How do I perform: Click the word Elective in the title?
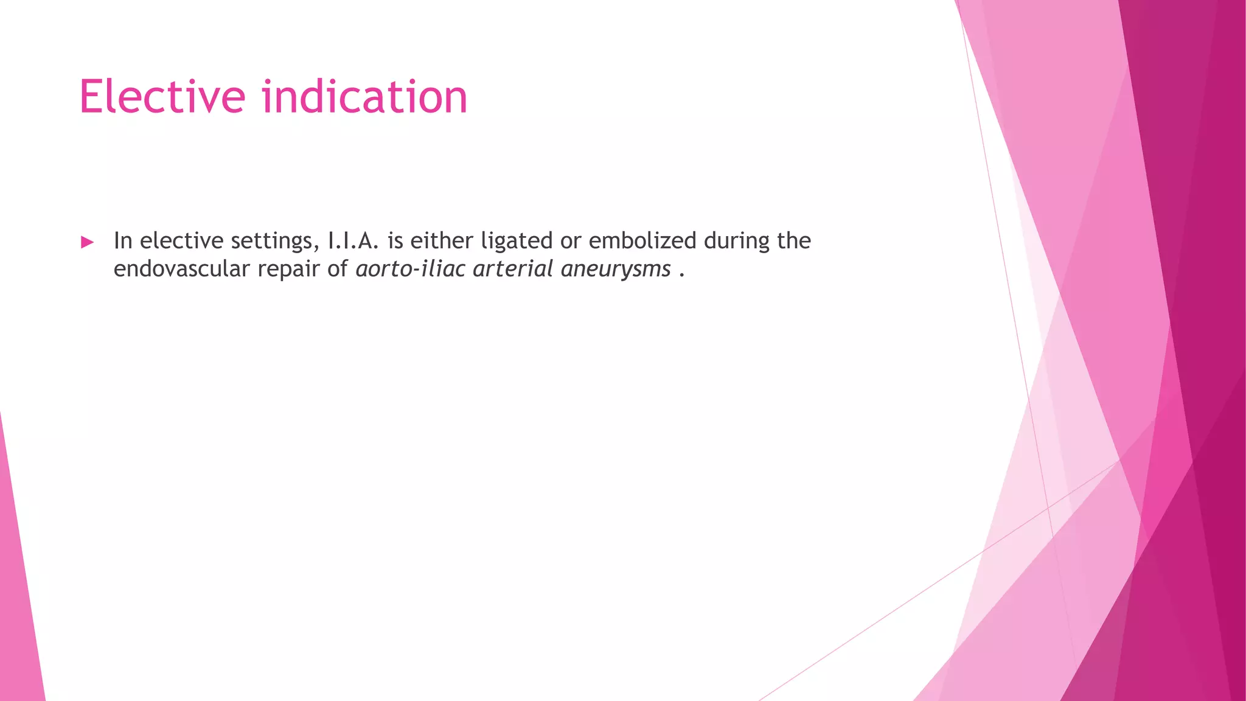[162, 97]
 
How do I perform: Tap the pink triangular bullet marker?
[87, 242]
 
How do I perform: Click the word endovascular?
[182, 268]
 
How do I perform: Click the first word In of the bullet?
[123, 240]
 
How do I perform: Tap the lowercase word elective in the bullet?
[181, 240]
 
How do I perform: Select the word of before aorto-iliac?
[338, 268]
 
